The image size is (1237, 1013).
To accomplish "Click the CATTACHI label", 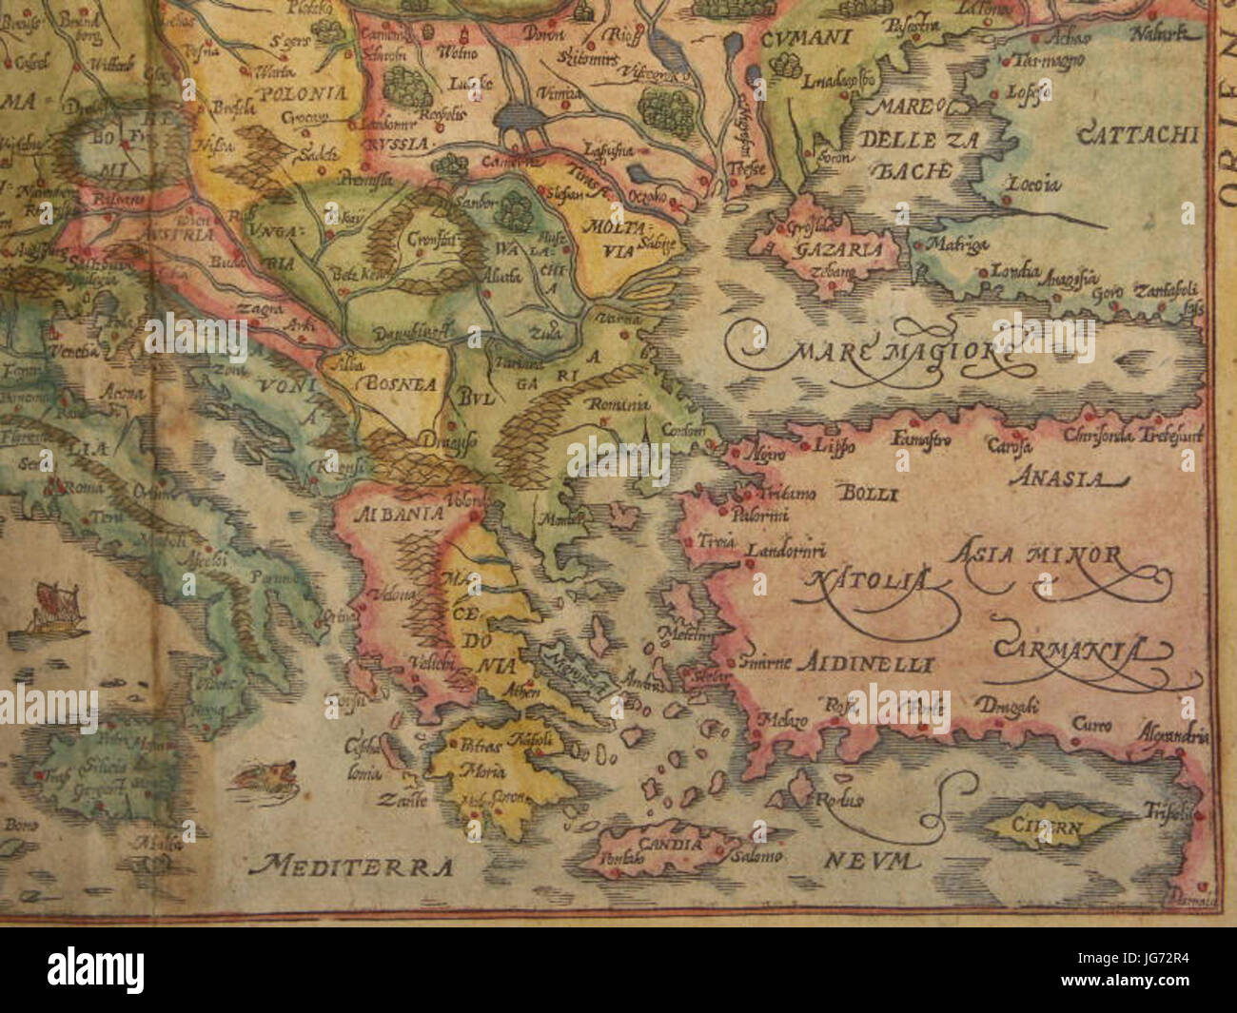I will tap(1136, 135).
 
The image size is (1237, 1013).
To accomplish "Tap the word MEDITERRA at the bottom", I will tap(346, 865).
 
